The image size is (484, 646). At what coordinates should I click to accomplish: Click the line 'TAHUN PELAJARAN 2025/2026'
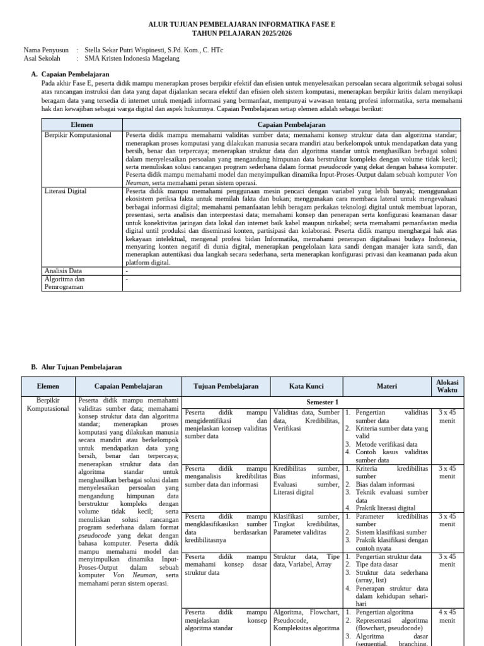coord(242,31)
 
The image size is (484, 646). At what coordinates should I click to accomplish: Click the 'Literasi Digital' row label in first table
coord(66,191)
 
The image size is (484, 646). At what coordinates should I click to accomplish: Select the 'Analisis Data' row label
coord(63,271)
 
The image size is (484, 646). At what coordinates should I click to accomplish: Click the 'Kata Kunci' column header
coord(307,386)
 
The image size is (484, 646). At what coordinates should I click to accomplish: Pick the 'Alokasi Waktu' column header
coord(447,386)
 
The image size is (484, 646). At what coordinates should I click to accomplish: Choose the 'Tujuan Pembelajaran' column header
coord(226,386)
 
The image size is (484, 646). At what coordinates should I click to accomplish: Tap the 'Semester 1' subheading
coord(322,402)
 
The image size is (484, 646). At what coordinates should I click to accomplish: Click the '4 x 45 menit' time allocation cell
coord(447,616)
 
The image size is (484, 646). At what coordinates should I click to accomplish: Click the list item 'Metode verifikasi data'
coord(386,444)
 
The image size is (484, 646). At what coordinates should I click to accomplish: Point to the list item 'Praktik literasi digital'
coord(385,508)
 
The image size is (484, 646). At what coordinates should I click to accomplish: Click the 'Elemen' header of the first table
coord(82,125)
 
